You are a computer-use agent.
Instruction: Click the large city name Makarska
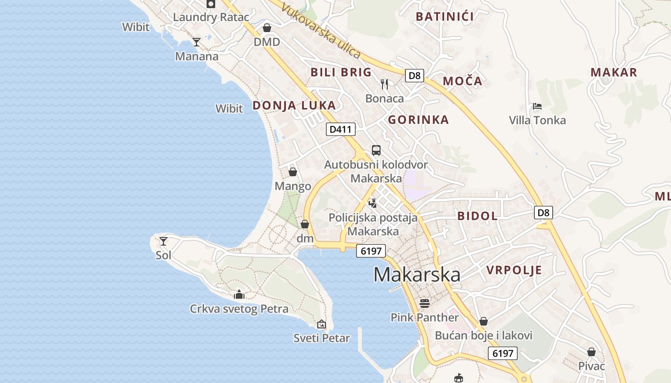tap(416, 275)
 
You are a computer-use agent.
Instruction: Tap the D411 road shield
tap(341, 129)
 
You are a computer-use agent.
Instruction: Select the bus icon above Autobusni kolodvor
tap(376, 150)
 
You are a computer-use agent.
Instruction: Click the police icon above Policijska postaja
tap(372, 203)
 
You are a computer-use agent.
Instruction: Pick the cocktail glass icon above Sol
tap(163, 241)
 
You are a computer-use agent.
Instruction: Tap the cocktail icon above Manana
tap(196, 42)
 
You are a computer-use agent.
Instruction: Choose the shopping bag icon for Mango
tap(293, 171)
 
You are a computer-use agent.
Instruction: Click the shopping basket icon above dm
tap(305, 224)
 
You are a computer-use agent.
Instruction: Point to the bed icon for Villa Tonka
tap(537, 106)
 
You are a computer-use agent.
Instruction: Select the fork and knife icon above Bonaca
tap(384, 84)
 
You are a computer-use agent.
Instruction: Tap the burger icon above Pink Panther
tap(425, 303)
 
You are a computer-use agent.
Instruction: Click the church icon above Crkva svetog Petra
tap(239, 294)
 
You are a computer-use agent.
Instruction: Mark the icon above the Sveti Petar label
tap(322, 324)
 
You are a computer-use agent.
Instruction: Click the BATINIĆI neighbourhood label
tap(444, 17)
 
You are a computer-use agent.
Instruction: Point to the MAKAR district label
tap(613, 72)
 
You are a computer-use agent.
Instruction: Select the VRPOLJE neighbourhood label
tap(514, 270)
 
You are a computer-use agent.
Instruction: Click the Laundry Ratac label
tap(211, 17)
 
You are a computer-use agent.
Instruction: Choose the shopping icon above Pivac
tap(591, 352)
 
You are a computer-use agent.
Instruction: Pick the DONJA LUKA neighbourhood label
tap(294, 105)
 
